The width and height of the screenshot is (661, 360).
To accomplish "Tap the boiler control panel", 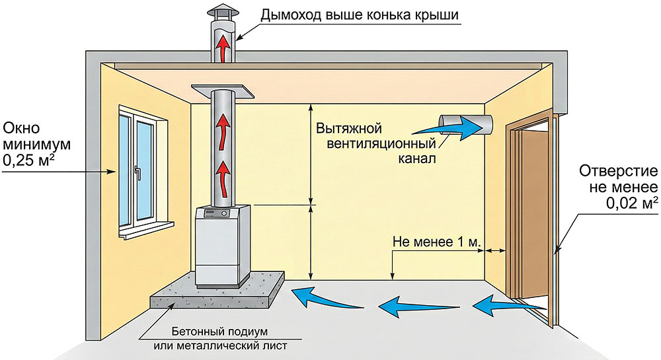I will pos(218,215).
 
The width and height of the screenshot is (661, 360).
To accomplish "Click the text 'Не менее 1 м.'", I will pos(436,242).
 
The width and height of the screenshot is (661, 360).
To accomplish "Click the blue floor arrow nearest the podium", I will pos(318,295).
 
